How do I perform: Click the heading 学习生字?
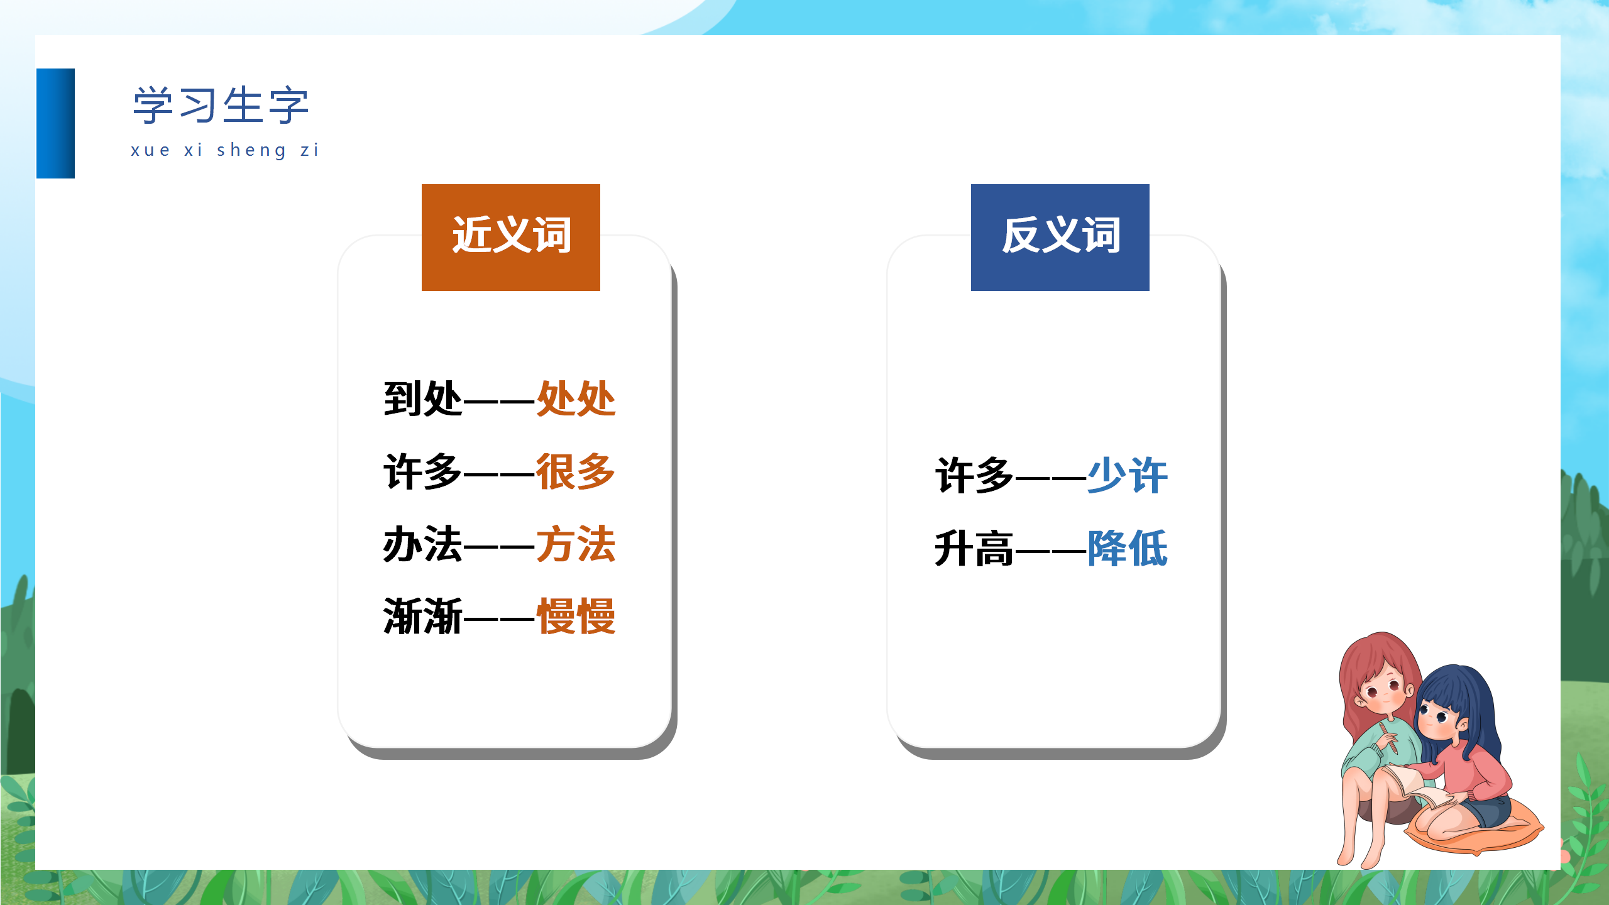(221, 105)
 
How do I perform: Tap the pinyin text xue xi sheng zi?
(225, 150)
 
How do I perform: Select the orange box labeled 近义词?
(510, 237)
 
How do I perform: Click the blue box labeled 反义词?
(1060, 237)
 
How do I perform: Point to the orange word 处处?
(576, 398)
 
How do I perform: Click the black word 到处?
(423, 398)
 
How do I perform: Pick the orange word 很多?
(576, 471)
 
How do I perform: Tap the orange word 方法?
(576, 544)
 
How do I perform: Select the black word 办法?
(423, 544)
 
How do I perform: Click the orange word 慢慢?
(576, 617)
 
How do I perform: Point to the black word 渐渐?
(423, 617)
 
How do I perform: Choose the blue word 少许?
(1128, 476)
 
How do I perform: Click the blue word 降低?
(1128, 549)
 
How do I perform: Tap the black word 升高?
(974, 549)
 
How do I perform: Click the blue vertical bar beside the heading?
(55, 123)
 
